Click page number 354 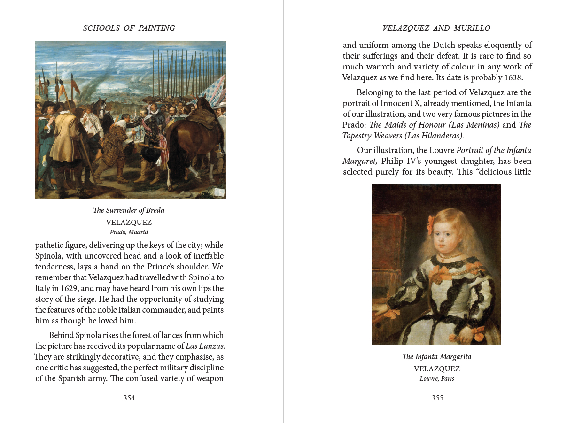tap(129, 398)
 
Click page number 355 tap(437, 398)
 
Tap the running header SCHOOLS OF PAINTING tap(129, 28)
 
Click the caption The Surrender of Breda tap(129, 210)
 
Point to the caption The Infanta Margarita tap(436, 357)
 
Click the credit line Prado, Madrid tap(129, 232)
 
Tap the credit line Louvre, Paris tap(437, 378)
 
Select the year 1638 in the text tap(512, 78)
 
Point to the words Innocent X tap(390, 103)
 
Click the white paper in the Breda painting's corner tap(219, 192)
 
